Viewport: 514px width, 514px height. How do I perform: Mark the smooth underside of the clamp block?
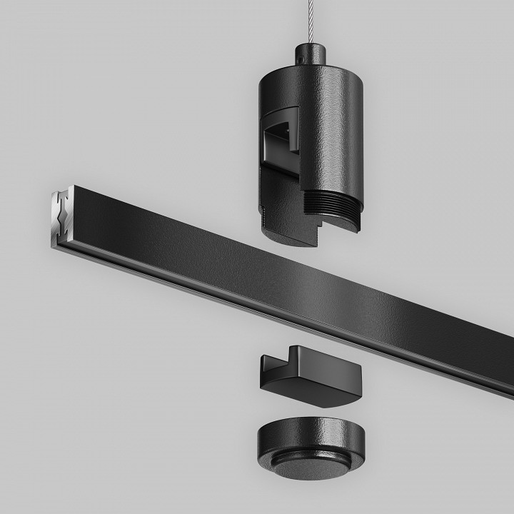point(314,397)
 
